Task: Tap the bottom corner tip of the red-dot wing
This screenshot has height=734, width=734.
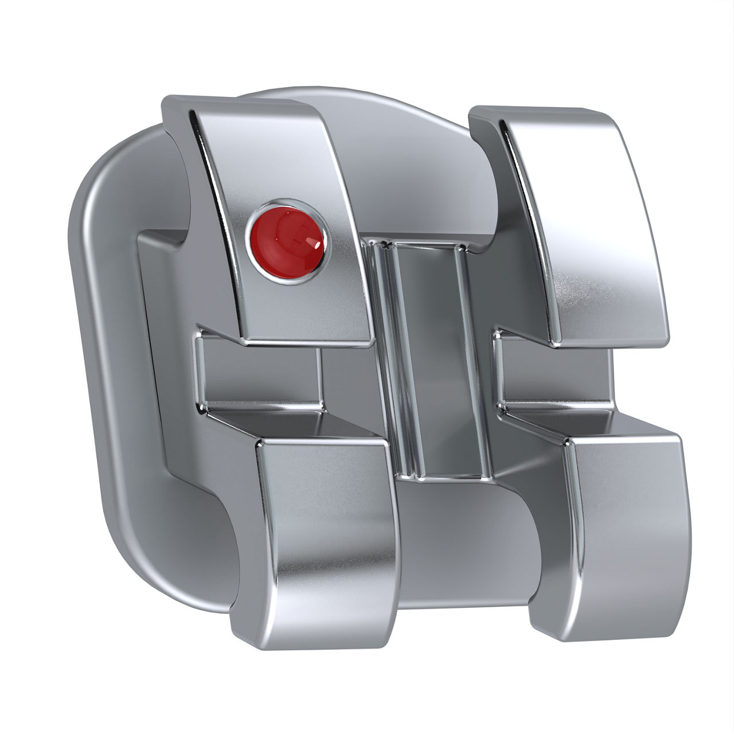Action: point(367,343)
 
